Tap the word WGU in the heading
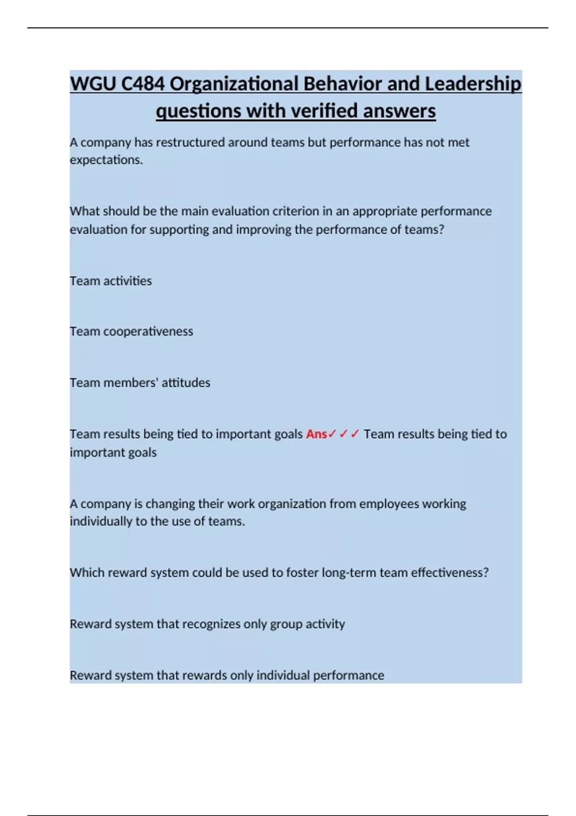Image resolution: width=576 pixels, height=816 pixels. [93, 84]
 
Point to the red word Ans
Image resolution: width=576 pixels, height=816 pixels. [316, 434]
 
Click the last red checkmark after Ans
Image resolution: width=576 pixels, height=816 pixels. [355, 434]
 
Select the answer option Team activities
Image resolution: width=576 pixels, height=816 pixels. [110, 281]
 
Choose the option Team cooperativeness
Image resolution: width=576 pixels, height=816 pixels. [131, 331]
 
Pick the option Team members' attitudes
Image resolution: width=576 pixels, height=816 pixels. [140, 383]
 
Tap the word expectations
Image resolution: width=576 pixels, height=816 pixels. [106, 160]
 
